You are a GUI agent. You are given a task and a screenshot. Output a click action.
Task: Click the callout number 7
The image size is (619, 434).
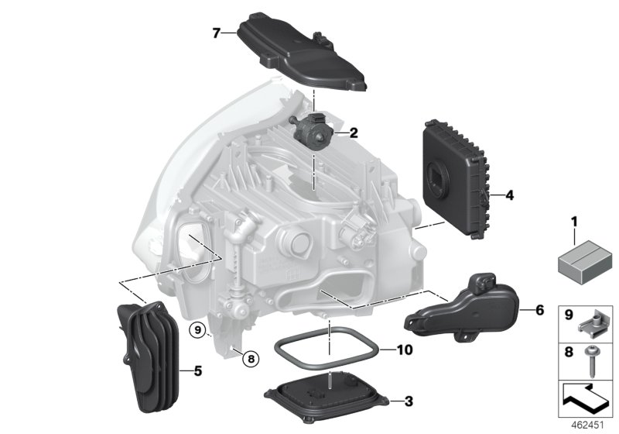(218, 33)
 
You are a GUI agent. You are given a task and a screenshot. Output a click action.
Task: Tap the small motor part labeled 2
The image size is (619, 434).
(314, 129)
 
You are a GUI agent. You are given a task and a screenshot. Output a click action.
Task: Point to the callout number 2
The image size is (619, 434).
(354, 133)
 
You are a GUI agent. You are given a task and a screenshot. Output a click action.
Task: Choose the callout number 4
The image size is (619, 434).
(509, 196)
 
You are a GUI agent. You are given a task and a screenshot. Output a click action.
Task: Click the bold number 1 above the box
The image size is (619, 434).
(575, 222)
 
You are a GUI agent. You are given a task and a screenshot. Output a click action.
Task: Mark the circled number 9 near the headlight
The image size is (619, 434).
(199, 330)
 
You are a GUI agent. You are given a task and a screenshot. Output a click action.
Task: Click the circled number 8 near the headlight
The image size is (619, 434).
(248, 357)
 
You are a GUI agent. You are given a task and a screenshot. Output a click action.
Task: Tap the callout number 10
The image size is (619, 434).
(405, 350)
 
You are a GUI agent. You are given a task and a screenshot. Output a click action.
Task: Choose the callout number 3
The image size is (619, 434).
(409, 401)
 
